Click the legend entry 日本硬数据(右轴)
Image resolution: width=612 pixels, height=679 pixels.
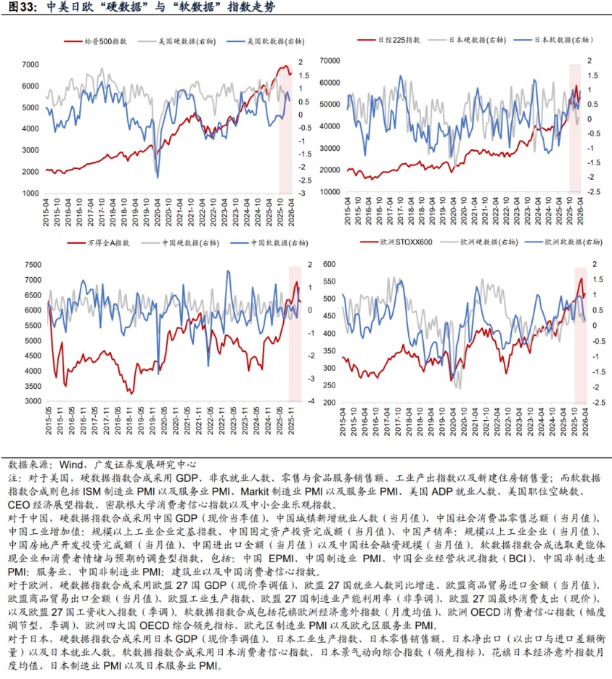point(480,40)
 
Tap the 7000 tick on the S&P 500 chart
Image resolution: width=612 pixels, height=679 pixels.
point(30,65)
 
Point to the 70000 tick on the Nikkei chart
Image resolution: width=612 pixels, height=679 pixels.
point(330,61)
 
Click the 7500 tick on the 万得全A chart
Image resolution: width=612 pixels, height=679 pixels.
point(30,264)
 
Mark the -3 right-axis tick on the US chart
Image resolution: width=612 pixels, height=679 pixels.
point(300,194)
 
